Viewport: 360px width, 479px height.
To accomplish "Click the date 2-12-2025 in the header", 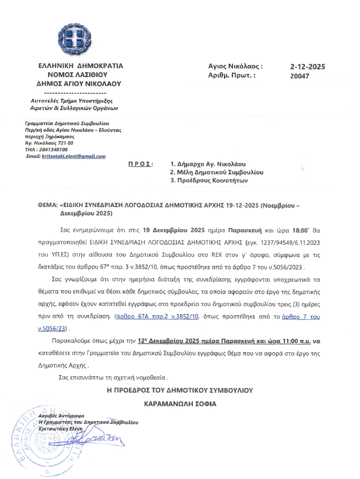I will click(x=307, y=67).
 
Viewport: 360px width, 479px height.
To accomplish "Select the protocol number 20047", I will click(x=299, y=77).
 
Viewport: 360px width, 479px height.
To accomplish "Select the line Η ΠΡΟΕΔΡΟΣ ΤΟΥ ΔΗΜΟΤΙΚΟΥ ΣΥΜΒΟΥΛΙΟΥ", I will click(x=180, y=390).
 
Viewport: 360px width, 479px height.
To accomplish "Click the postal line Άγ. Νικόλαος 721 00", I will click(x=49, y=143).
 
